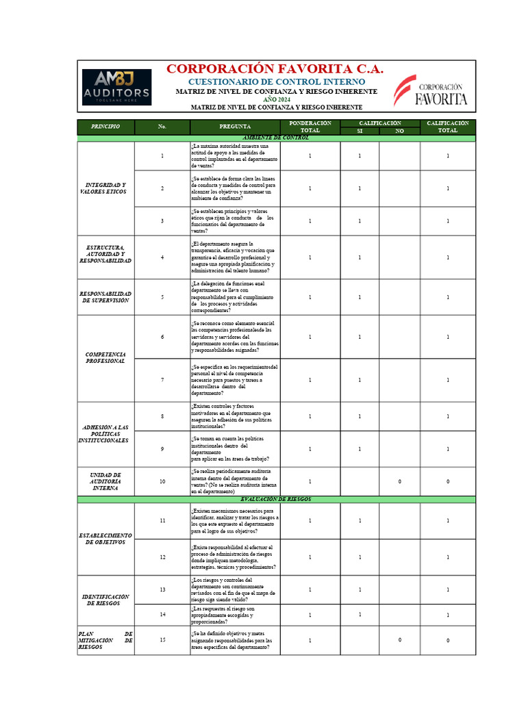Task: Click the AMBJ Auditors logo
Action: tap(116, 87)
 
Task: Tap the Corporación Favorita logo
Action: tap(430, 90)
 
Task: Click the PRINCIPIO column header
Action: tap(105, 127)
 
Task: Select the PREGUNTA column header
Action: tap(235, 127)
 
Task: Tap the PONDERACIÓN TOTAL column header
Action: tap(310, 127)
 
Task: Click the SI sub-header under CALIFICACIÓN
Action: tap(360, 131)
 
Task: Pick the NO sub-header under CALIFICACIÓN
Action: tap(399, 131)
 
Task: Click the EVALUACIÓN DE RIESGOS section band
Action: tap(276, 500)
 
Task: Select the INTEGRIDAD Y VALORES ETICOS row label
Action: tap(105, 188)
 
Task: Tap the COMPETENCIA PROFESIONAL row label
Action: tap(105, 357)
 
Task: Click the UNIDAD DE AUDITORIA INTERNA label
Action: tap(105, 481)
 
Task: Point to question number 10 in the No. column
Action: tap(162, 481)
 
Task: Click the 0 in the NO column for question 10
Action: tap(399, 481)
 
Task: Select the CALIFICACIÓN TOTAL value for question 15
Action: tap(447, 641)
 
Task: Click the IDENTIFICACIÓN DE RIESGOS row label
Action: tap(105, 600)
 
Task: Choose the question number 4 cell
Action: tap(162, 257)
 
